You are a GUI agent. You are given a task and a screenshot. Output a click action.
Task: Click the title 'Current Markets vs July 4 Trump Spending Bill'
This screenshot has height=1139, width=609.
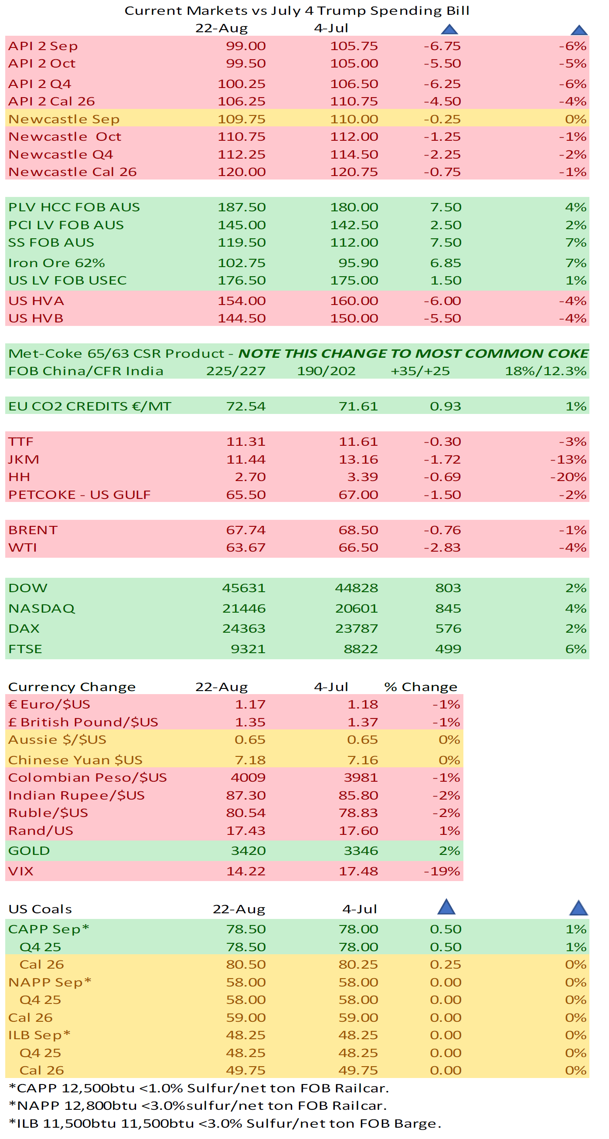(x=297, y=10)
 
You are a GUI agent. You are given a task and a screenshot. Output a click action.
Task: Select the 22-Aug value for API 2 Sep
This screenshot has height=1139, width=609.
(x=245, y=46)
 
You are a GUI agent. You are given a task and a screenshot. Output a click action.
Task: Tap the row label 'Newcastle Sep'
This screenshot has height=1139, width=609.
(x=64, y=119)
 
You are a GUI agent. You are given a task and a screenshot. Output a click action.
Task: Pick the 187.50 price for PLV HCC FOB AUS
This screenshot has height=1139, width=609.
(x=242, y=207)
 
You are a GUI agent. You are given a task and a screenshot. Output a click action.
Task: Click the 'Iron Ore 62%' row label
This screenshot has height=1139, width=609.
(x=57, y=263)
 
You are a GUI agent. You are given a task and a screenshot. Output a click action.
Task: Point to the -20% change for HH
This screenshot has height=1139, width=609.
(x=568, y=477)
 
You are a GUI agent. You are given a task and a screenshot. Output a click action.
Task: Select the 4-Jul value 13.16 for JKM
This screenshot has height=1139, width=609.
(x=358, y=459)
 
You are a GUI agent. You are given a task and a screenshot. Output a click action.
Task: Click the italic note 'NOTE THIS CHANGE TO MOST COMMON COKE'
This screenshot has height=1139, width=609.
(x=413, y=354)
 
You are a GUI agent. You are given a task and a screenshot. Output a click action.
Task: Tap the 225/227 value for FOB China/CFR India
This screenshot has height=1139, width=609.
(x=236, y=371)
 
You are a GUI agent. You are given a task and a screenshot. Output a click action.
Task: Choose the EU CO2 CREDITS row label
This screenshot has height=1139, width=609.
(x=90, y=407)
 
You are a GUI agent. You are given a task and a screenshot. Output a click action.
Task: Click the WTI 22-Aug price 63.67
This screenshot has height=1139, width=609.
(x=245, y=547)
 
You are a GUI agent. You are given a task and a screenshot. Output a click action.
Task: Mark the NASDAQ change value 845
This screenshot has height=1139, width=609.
(x=448, y=608)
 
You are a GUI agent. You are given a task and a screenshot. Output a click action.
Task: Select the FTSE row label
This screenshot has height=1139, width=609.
(x=25, y=649)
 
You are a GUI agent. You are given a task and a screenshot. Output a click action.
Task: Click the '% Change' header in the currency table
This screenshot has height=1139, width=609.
(x=421, y=687)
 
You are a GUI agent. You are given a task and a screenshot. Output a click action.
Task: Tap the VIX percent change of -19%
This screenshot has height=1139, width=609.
(x=442, y=871)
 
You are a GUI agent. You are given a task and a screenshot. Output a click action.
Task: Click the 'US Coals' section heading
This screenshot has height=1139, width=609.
(x=40, y=909)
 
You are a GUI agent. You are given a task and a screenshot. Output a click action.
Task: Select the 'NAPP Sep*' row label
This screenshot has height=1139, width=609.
(x=50, y=982)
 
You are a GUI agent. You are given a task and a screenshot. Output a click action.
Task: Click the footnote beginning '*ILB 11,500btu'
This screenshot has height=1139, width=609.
(x=225, y=1123)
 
